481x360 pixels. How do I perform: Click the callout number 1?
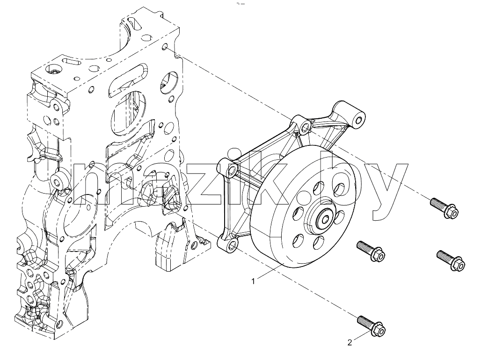pos(253,281)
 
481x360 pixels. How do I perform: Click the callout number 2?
pos(350,343)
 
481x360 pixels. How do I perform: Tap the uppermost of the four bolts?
pos(444,208)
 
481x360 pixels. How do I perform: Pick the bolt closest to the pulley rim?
pos(371,251)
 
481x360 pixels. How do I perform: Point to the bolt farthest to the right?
pos(451,260)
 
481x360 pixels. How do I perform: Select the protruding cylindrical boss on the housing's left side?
pos(58,181)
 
